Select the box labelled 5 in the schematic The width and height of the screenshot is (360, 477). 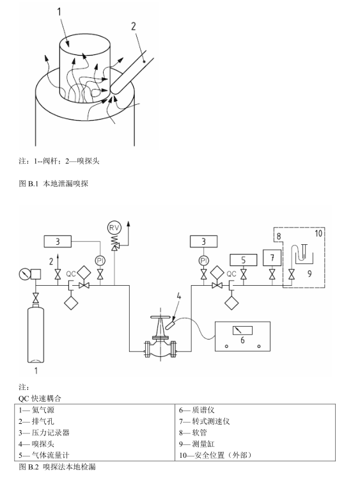point(243,260)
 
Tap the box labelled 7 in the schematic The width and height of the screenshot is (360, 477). point(273,258)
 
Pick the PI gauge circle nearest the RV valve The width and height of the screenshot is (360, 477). point(100,260)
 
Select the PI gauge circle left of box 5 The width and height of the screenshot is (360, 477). point(203,260)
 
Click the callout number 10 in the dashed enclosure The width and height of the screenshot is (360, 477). point(318,234)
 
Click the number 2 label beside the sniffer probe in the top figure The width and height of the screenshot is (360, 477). point(134,26)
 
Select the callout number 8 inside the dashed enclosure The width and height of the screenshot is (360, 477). point(278,237)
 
